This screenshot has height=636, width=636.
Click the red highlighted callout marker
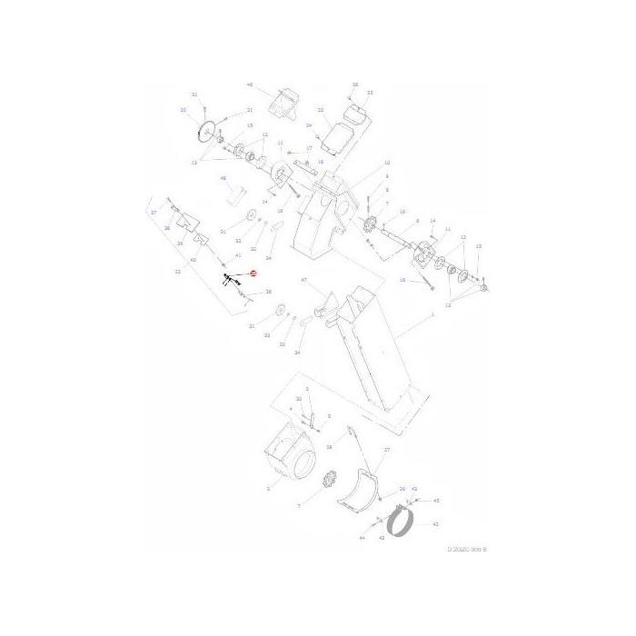coord(253,273)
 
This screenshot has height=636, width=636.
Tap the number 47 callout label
coord(304,280)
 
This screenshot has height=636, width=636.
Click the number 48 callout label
coord(224,179)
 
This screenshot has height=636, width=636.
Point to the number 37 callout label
coord(154,213)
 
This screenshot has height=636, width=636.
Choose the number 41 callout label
coord(237,256)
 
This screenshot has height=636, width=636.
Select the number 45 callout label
coord(436,501)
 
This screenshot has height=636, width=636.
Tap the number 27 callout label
coord(386,450)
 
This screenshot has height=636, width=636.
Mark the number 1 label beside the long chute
coord(432,313)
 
